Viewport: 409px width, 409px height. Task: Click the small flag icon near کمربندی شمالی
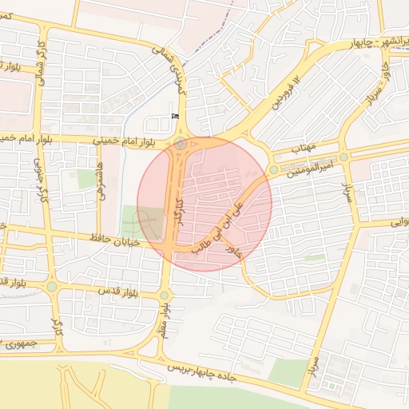tap(175, 117)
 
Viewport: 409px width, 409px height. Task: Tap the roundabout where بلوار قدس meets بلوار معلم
tap(165, 296)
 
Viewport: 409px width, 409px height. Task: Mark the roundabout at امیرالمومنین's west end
tap(273, 169)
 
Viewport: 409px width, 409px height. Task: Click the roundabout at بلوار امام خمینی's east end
tap(181, 145)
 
